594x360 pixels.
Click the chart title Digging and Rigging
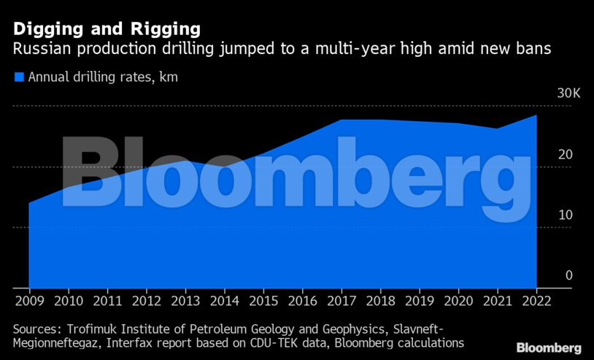point(107,30)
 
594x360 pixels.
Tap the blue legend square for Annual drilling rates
point(19,77)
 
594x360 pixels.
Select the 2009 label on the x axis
point(28,299)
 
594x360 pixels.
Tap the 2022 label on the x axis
point(537,299)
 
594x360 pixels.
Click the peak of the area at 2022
point(537,115)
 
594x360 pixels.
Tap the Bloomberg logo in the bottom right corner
point(549,348)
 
